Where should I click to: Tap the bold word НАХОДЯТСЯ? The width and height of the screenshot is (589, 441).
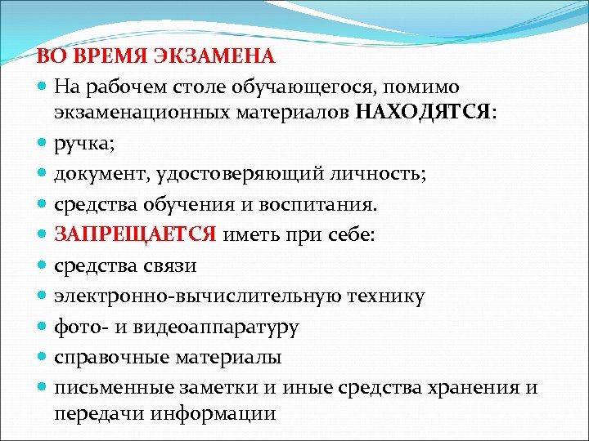point(425,114)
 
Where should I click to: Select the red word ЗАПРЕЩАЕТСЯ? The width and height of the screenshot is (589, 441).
point(136,235)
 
